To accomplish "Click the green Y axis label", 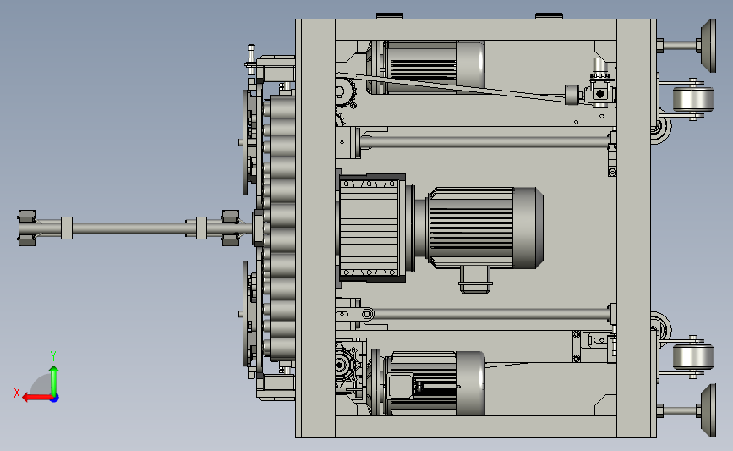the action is coord(53,356).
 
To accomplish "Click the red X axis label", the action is coord(17,393).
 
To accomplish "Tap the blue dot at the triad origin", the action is coord(54,399).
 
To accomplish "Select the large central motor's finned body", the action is coord(472,228).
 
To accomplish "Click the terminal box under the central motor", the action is coord(475,279).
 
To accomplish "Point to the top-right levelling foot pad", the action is coord(708,46).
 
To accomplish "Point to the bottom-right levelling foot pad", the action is coord(708,410).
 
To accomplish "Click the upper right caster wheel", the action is coord(692,99).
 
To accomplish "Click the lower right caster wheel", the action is coord(692,356).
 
